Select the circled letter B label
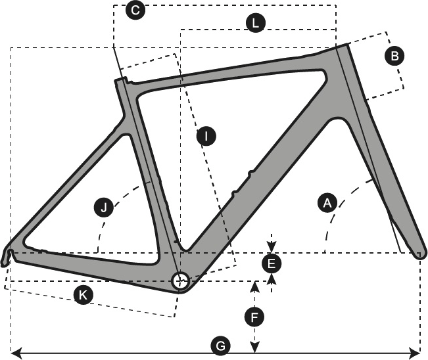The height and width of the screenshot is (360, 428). coord(394,56)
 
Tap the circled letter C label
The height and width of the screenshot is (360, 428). coord(135,11)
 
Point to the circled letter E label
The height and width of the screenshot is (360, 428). coord(271,264)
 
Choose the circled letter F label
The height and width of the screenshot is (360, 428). coord(254,318)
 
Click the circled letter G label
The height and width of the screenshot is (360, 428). coord(221,345)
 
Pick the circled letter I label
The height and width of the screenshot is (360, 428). coord(206,137)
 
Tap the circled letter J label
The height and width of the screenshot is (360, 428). coord(103,208)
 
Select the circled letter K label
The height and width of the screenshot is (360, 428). coord(82,295)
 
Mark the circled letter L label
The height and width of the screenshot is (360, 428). coord(255,24)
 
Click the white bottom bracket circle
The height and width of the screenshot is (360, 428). coord(179,281)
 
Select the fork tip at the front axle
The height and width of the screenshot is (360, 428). coord(421,254)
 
